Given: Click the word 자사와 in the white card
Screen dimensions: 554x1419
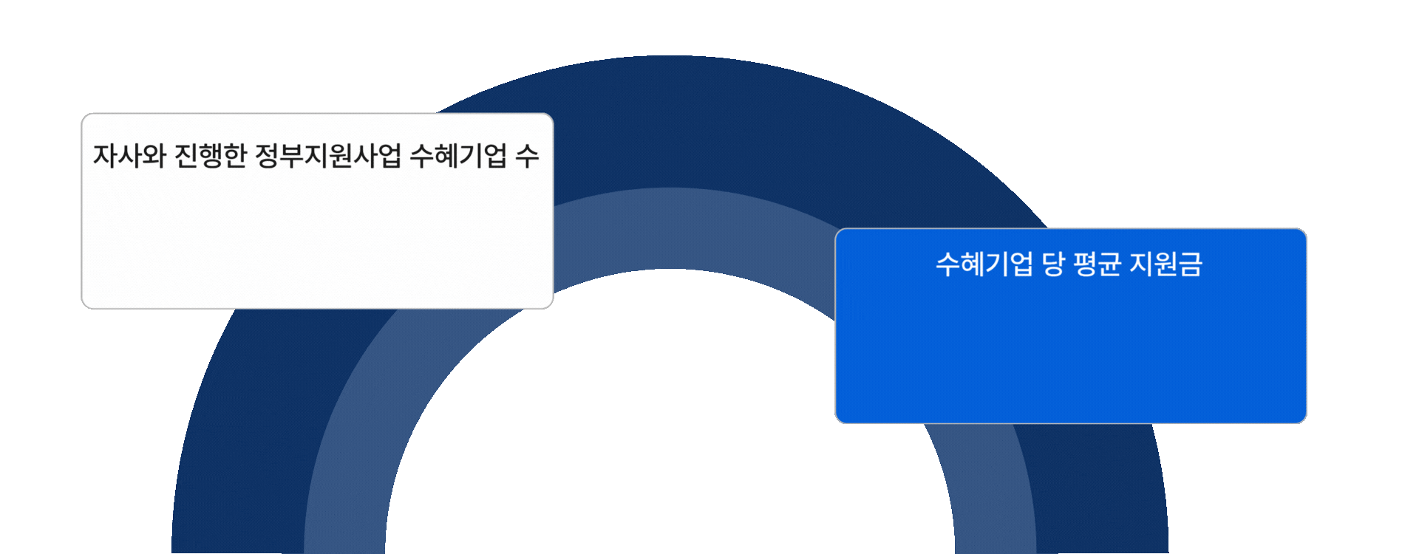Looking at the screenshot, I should (x=129, y=156).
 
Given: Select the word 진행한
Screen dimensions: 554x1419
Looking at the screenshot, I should (x=210, y=156).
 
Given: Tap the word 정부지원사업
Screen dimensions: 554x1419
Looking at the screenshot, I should (x=327, y=156).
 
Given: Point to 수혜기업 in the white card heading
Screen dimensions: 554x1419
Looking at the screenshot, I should (x=458, y=156).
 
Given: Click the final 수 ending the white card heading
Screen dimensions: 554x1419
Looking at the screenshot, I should (x=527, y=156).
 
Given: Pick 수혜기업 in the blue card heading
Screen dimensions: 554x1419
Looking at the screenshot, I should (x=984, y=264).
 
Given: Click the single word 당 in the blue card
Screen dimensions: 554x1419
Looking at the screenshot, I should (x=1052, y=264).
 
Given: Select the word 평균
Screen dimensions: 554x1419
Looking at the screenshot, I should (x=1097, y=264).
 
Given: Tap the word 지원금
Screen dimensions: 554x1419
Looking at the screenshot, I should (x=1166, y=264).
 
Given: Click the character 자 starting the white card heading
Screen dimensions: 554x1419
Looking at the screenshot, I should (x=105, y=156).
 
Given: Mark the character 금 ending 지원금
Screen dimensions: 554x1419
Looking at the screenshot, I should (x=1191, y=264).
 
